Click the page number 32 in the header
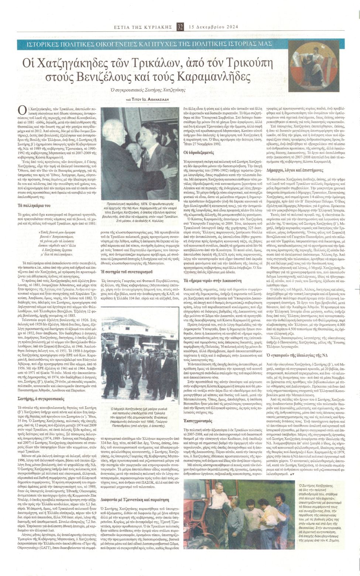tap(180, 27)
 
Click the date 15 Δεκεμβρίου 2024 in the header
tap(213, 27)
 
